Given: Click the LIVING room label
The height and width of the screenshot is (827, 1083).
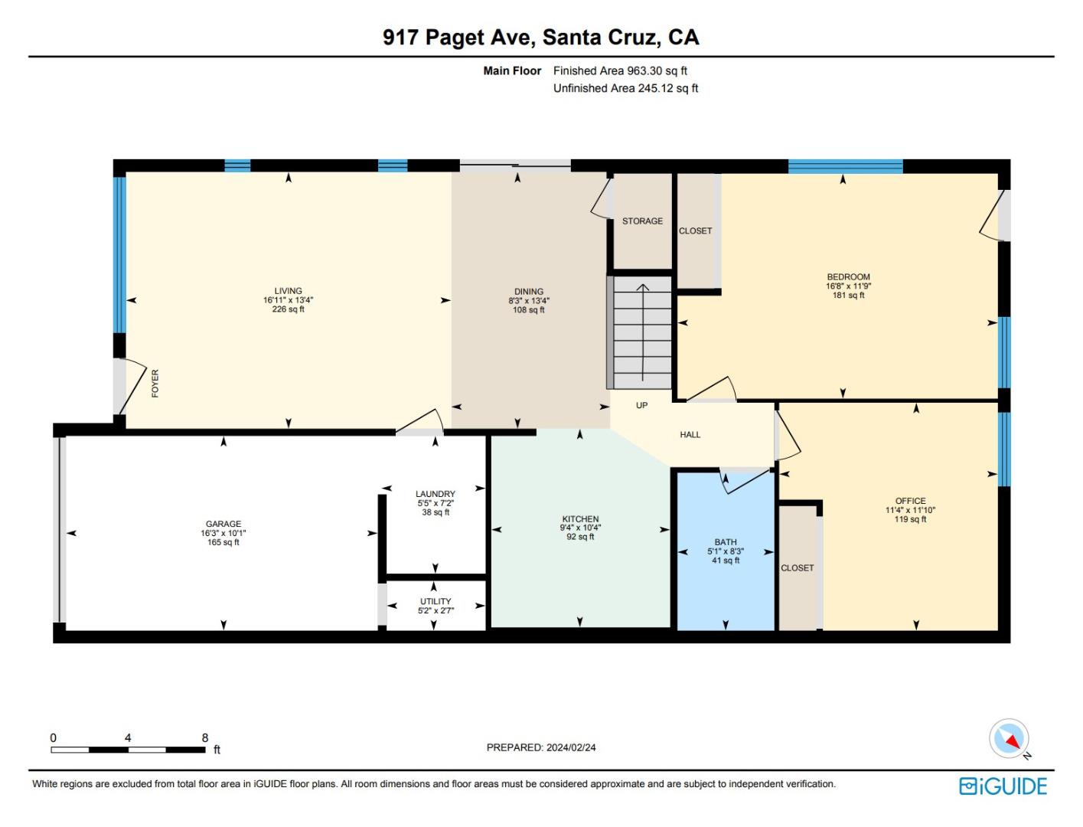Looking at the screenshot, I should (288, 291).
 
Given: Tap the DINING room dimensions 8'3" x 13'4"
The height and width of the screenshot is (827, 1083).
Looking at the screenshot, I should (528, 301).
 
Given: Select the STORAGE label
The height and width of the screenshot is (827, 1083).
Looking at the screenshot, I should (642, 221).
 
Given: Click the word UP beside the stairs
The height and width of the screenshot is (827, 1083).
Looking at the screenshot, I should (641, 405).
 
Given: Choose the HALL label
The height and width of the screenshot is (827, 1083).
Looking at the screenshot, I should (690, 435).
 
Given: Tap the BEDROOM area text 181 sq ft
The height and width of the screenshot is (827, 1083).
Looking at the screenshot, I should (848, 296).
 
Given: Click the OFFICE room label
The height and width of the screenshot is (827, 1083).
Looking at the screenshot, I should (910, 501).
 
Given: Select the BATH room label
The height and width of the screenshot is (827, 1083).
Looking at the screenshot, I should (725, 542).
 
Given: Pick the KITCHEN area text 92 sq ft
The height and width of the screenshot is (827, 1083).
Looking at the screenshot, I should (580, 537).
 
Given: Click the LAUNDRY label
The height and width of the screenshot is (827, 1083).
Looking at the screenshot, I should (435, 494).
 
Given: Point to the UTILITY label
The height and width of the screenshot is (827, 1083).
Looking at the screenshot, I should (435, 601).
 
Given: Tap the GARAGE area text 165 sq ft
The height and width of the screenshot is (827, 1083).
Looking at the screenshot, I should (223, 542).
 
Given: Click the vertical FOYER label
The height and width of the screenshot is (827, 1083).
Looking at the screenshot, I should (155, 383).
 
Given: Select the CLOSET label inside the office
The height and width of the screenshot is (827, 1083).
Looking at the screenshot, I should (797, 568).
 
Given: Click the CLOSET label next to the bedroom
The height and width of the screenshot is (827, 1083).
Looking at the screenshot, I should (695, 231).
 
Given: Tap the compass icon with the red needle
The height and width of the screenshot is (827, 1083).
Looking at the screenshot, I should (1009, 739).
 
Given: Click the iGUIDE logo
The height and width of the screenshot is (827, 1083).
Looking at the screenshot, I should (1003, 786).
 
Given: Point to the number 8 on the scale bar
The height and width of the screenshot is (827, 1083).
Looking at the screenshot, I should (204, 738).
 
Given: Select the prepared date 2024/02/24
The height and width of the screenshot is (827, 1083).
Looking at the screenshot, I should (570, 747).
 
